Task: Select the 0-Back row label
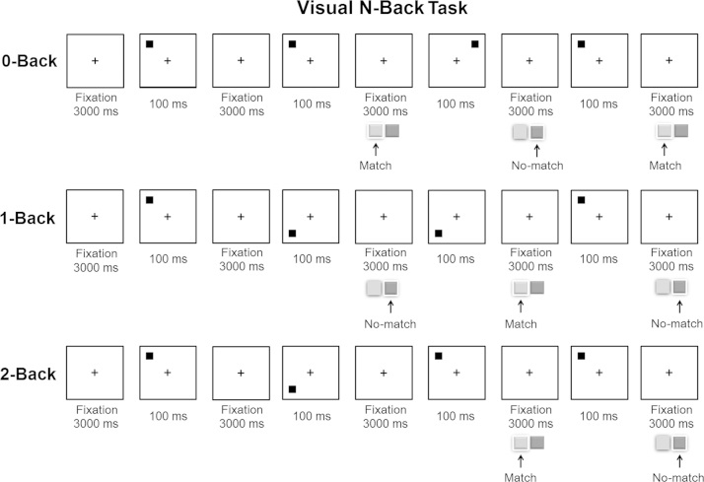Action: [x=30, y=60]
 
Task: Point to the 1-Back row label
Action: [x=30, y=216]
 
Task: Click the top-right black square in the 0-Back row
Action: [x=475, y=44]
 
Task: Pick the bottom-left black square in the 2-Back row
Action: [x=293, y=389]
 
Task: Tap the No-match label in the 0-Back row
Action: [x=537, y=166]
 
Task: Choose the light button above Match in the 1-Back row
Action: [x=520, y=288]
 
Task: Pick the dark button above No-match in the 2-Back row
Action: [x=679, y=444]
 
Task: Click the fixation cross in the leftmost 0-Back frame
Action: [x=95, y=61]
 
